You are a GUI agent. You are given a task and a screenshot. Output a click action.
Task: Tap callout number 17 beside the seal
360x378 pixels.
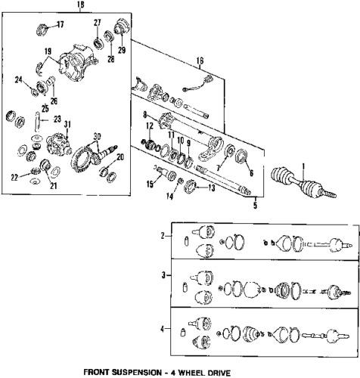click(x=61, y=24)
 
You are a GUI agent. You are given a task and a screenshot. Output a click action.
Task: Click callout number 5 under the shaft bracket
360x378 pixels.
click(x=255, y=203)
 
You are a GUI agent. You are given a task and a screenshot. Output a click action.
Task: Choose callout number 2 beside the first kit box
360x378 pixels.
click(x=163, y=237)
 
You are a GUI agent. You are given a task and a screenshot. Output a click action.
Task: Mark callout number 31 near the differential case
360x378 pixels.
click(x=67, y=125)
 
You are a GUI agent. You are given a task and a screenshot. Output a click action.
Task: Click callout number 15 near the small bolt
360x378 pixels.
click(x=151, y=184)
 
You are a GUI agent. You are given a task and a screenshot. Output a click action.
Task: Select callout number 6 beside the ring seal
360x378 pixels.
click(x=250, y=172)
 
